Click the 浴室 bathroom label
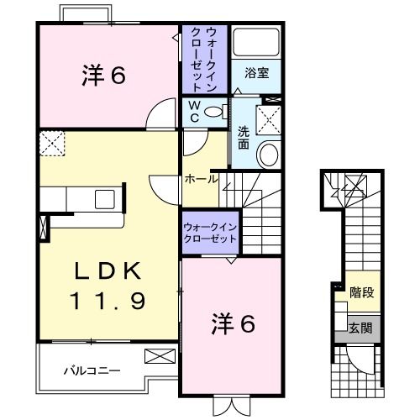pos(256,74)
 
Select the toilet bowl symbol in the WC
pos(215,111)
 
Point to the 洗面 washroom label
pos(243,137)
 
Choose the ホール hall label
pos(202,178)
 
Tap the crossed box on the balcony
pos(156,355)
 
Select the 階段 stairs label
pos(361,293)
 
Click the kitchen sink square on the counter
pos(106,199)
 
